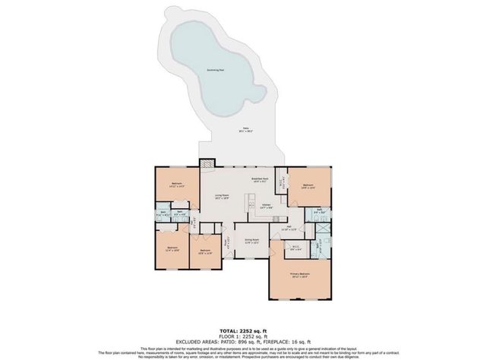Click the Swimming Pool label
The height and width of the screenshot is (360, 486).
click(216, 70)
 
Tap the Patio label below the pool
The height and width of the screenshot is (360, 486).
click(245, 130)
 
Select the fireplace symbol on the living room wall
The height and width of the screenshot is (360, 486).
click(207, 163)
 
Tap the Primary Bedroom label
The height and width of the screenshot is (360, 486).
click(301, 275)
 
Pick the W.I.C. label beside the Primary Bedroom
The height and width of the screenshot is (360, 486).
click(295, 247)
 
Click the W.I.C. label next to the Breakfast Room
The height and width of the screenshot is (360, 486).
click(281, 182)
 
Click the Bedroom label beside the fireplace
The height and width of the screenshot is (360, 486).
click(176, 184)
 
